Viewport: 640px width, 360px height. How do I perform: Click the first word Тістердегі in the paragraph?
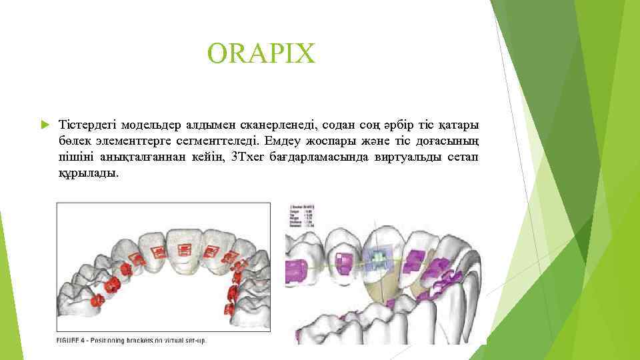point(86,125)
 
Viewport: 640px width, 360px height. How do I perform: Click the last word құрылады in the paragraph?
point(88,173)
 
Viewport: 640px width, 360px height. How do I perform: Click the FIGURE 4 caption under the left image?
point(131,340)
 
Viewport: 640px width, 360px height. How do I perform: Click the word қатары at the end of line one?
point(460,125)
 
